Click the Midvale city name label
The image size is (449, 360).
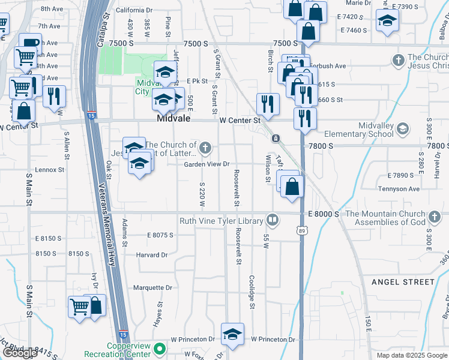click(173, 119)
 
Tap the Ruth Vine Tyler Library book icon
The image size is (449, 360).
click(273, 221)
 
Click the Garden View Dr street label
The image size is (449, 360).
click(206, 164)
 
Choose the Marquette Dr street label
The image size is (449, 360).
click(152, 287)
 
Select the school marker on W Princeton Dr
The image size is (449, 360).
click(232, 335)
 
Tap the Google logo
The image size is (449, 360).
click(20, 353)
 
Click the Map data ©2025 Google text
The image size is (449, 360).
click(412, 355)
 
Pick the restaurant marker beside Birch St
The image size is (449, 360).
click(267, 104)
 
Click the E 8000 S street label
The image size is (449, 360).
click(324, 214)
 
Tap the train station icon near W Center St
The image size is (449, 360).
click(276, 139)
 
